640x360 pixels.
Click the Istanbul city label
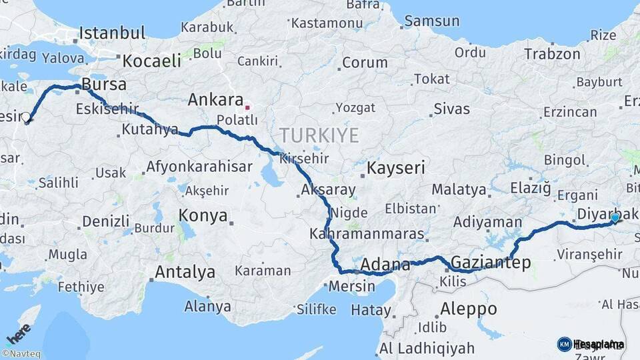(111, 33)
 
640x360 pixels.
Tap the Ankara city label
(215, 100)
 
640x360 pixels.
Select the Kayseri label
(395, 167)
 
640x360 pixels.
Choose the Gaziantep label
(491, 263)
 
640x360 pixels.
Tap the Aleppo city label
(469, 309)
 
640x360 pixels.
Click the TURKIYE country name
(319, 135)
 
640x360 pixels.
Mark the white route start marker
(26, 118)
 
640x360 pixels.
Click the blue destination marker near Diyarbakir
(615, 217)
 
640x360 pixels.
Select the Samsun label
(431, 21)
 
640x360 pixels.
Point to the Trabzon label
(552, 54)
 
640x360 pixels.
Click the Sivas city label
(451, 109)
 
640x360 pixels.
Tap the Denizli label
(106, 221)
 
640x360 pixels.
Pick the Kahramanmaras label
(367, 234)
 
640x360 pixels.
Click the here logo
(18, 333)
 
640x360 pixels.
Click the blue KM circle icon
(564, 344)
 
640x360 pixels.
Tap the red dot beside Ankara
(247, 106)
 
